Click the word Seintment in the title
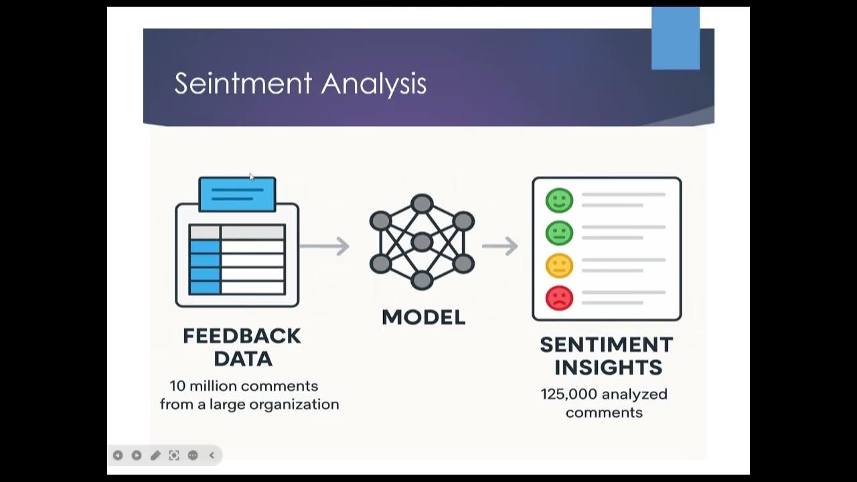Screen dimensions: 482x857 click(x=243, y=84)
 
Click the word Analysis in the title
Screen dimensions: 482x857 click(x=374, y=84)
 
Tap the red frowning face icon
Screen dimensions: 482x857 click(x=559, y=298)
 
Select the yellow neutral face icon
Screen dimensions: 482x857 click(x=559, y=265)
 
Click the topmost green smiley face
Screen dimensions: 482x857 click(x=559, y=200)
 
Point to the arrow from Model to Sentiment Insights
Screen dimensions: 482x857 click(x=500, y=246)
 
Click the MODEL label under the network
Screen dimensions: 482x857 click(x=423, y=317)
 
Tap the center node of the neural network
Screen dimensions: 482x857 click(x=422, y=242)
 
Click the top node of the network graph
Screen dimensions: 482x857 click(x=422, y=204)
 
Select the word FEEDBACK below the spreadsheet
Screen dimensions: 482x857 click(x=242, y=336)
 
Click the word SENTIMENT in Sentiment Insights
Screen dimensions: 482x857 click(x=606, y=345)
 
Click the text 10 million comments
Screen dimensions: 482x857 click(x=244, y=386)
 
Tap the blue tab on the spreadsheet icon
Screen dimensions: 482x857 click(x=237, y=194)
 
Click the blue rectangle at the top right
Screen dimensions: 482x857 click(x=676, y=38)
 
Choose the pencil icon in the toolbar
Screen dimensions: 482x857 click(x=155, y=455)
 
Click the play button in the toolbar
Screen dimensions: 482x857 click(x=137, y=455)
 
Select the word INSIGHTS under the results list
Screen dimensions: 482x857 click(x=608, y=368)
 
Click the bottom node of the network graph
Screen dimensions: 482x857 click(x=422, y=280)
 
